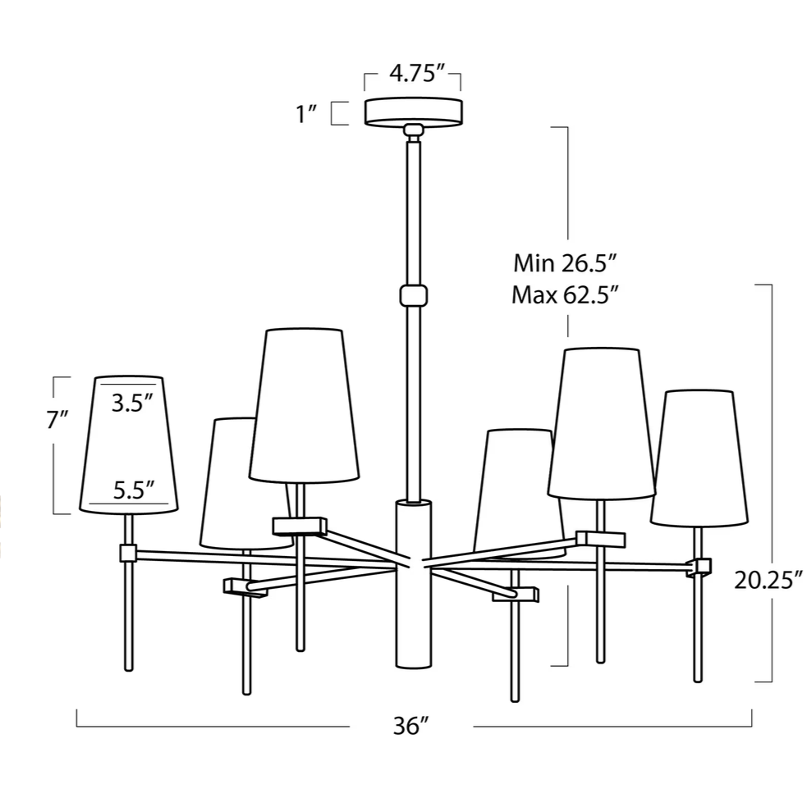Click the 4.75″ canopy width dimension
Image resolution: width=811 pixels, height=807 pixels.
point(417,73)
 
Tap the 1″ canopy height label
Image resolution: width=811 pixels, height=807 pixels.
point(306,114)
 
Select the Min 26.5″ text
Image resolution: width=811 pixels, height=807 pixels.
point(565,263)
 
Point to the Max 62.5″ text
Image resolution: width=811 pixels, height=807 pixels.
point(565,295)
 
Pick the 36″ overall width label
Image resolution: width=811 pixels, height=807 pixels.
point(411,726)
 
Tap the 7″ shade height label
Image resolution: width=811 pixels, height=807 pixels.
point(57,420)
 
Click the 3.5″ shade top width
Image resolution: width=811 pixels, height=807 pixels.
point(133,403)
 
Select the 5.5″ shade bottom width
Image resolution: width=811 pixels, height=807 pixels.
point(134,490)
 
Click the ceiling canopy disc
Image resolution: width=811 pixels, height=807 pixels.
point(413,112)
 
